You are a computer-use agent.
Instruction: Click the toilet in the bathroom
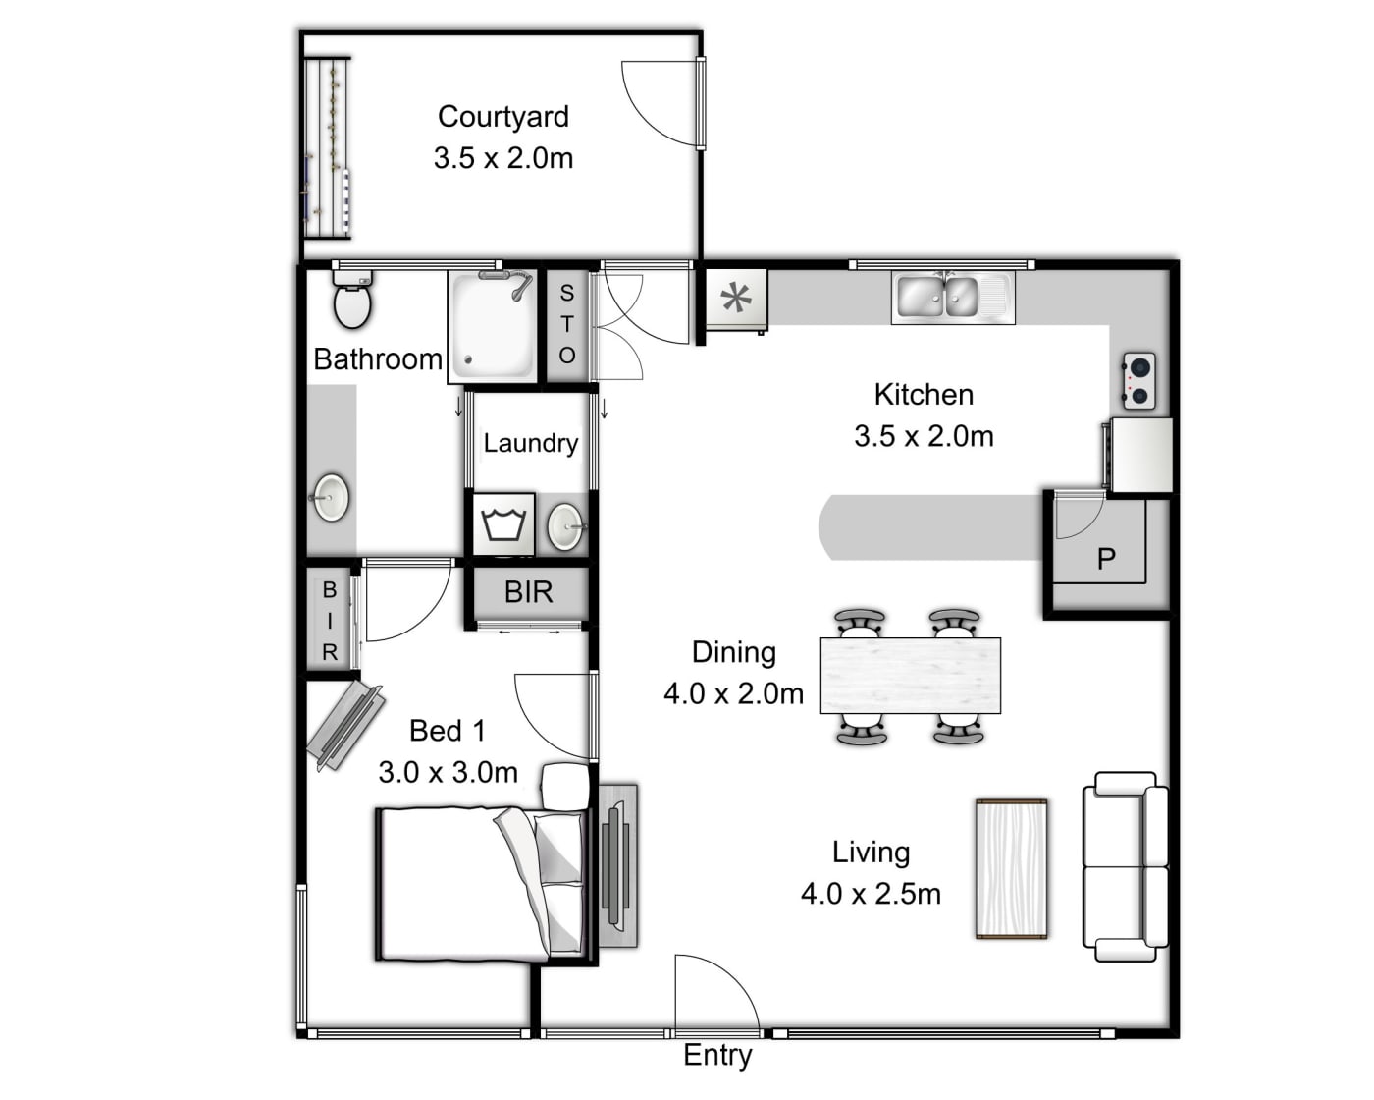click(x=352, y=300)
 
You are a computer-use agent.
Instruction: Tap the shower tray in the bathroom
click(x=493, y=327)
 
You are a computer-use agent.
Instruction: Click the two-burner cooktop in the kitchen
click(x=1138, y=381)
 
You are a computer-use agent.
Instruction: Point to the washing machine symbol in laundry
click(x=503, y=524)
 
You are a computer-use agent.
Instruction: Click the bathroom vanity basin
click(x=331, y=498)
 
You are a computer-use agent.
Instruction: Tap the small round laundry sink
click(x=566, y=526)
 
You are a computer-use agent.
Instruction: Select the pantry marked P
click(x=1106, y=558)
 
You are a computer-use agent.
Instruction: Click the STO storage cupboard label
click(x=566, y=324)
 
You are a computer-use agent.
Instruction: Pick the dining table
click(x=910, y=676)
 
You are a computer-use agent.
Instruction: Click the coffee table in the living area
click(x=1012, y=869)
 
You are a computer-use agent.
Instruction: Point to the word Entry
click(x=717, y=1056)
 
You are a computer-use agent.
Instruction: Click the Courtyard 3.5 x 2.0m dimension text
click(x=503, y=157)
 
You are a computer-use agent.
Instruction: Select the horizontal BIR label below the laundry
click(x=528, y=592)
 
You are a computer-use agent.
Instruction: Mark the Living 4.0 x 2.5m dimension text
click(x=871, y=894)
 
